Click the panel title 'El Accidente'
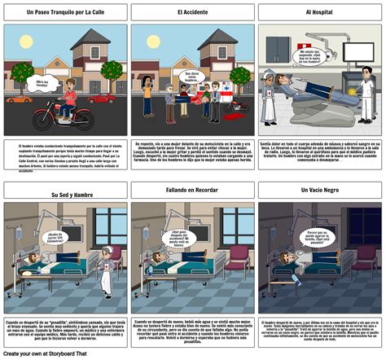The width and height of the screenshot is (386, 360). [192, 13]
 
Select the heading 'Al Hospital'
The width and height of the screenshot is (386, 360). [321, 13]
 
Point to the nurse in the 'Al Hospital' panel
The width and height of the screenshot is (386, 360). [269, 95]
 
